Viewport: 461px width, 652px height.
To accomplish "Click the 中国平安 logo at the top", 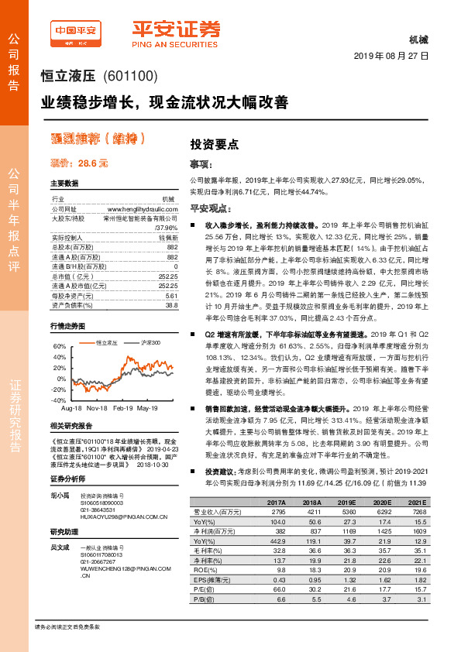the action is [76, 31].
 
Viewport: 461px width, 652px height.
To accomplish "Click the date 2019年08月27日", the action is [390, 57].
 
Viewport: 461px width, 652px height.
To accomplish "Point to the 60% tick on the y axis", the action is [58, 346].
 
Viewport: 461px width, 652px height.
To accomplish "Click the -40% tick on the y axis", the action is [58, 400].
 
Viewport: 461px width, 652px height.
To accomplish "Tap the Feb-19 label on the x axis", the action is [122, 407].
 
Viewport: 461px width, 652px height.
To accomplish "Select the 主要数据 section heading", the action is [64, 184].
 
